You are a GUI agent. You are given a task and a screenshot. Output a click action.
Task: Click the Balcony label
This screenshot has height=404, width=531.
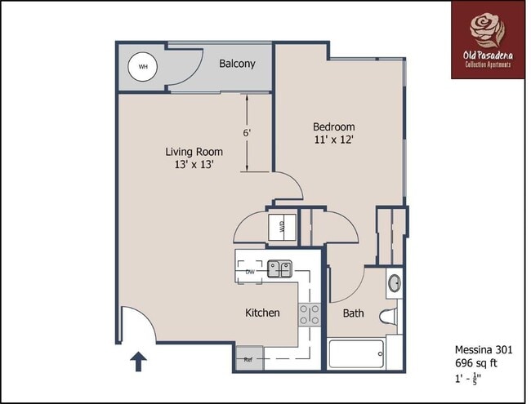[237, 64]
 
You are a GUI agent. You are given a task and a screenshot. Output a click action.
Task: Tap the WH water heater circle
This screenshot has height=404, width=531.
[143, 67]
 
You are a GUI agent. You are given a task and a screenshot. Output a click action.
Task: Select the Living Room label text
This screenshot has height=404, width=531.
[194, 152]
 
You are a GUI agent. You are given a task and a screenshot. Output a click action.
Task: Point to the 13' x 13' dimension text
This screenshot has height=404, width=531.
[194, 166]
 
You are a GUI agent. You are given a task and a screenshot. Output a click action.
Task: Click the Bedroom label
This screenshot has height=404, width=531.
[334, 127]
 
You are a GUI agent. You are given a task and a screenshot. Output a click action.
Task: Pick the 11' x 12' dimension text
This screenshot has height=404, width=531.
[334, 140]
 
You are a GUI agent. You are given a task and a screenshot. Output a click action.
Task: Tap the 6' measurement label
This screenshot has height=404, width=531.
[246, 132]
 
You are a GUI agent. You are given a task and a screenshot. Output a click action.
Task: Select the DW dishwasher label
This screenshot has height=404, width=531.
[250, 272]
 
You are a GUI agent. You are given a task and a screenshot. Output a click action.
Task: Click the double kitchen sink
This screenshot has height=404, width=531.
[279, 269]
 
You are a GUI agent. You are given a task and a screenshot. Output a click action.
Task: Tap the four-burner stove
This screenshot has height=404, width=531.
[309, 314]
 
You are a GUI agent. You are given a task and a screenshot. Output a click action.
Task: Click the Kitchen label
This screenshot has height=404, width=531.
[262, 313]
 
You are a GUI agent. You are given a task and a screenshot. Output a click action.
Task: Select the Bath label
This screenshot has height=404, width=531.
[353, 313]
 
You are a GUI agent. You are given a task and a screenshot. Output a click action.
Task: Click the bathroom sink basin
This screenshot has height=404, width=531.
[394, 284]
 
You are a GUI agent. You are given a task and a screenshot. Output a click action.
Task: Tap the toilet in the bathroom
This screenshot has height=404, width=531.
[389, 316]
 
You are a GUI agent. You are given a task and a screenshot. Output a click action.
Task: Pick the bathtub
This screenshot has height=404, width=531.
[357, 354]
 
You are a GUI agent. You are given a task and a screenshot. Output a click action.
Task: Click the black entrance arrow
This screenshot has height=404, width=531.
[138, 360]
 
